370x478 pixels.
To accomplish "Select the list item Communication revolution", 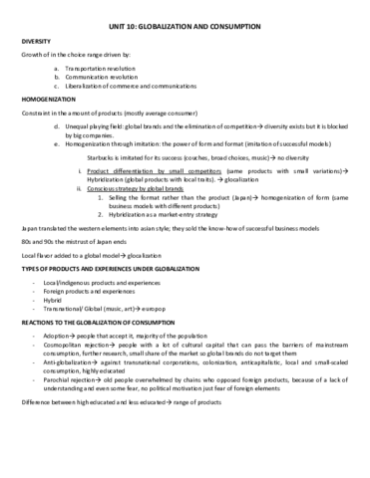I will coord(104,76).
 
